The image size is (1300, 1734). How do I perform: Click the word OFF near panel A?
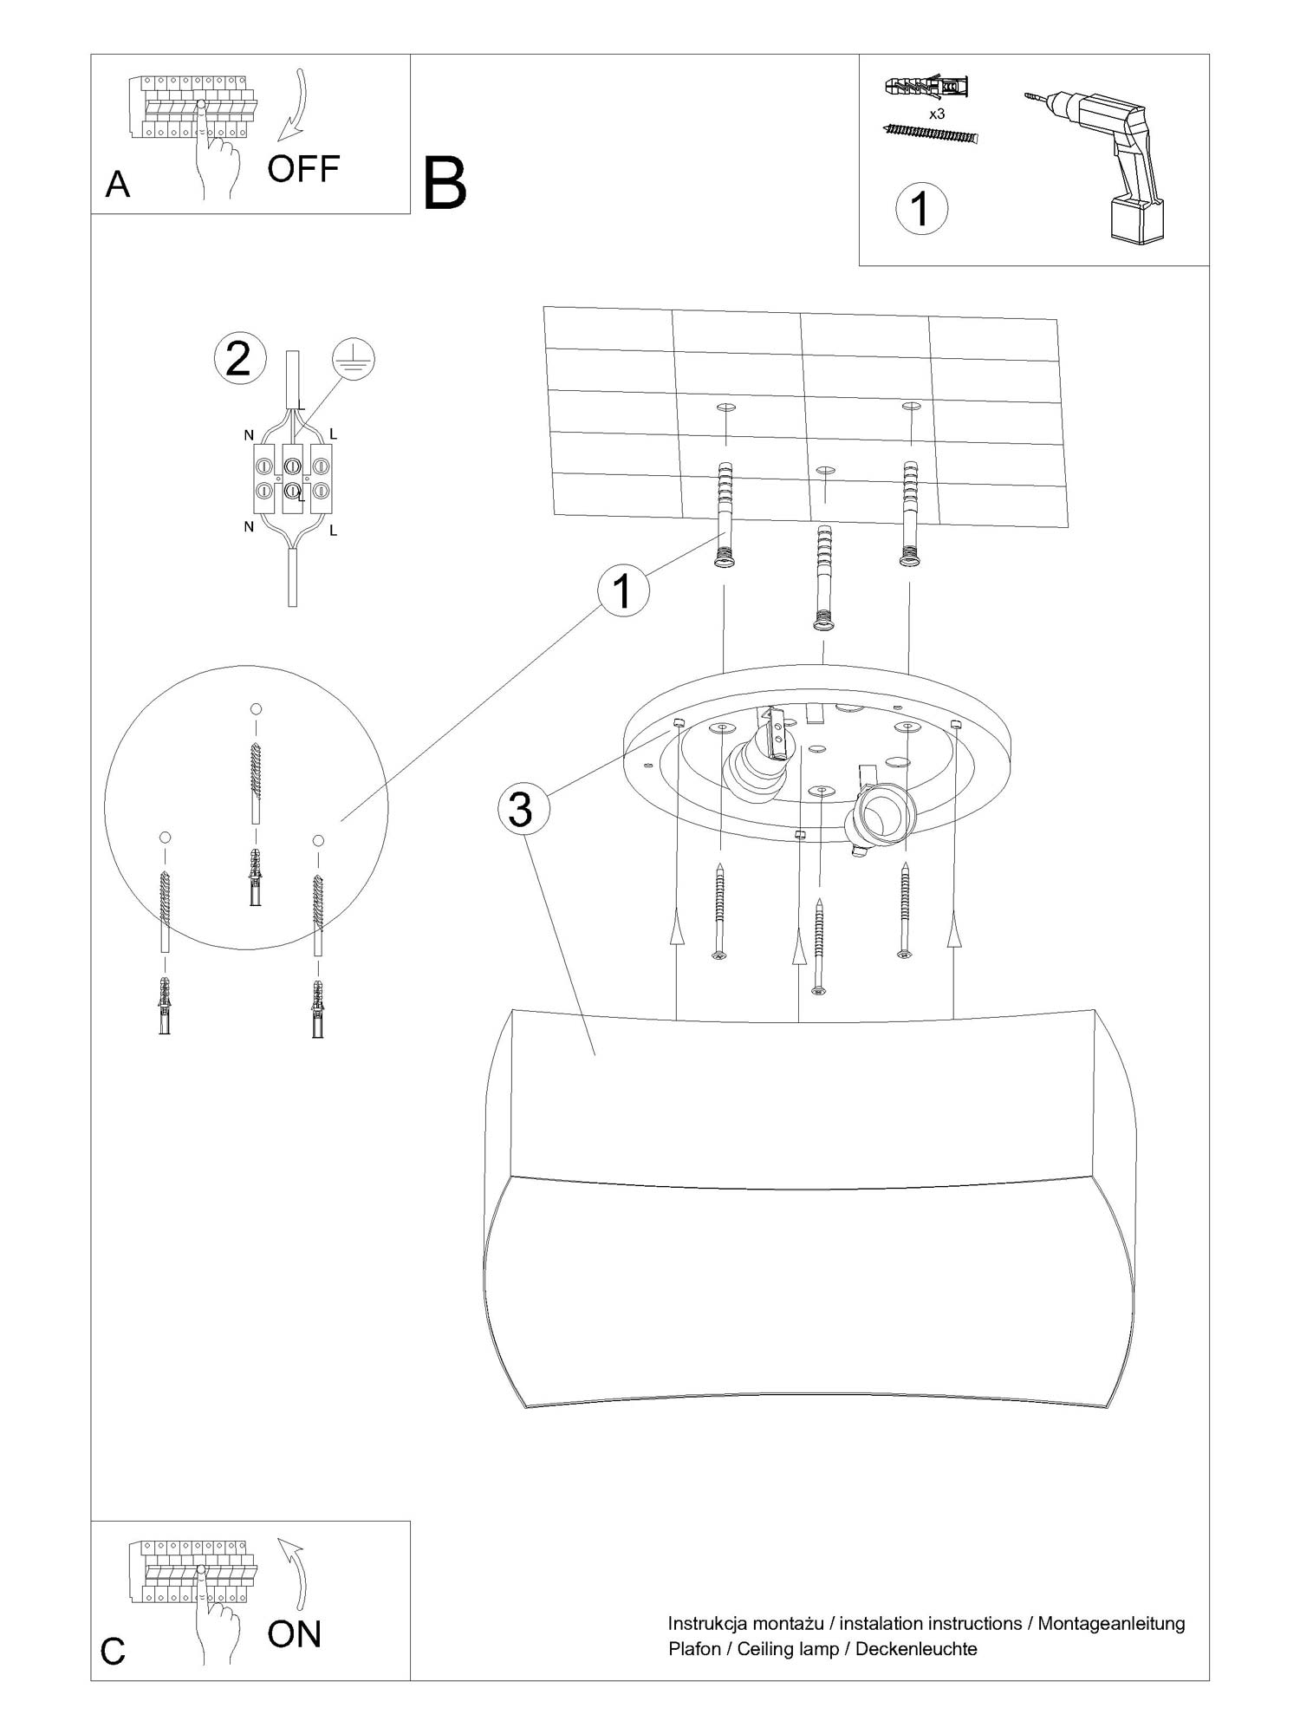(302, 168)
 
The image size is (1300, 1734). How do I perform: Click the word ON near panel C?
(295, 1633)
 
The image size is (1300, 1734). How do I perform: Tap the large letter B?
(445, 183)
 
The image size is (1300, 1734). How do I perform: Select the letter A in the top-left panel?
(118, 185)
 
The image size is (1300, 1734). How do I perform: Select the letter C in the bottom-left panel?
(114, 1652)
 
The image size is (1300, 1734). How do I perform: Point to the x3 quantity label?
(936, 114)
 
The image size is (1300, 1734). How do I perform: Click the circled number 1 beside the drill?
(920, 209)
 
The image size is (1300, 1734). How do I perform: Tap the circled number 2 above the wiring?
(238, 360)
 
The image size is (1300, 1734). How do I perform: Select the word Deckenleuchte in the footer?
(917, 1650)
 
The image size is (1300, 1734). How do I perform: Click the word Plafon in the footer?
(695, 1650)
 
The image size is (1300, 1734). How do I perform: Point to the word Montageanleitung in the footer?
(1112, 1625)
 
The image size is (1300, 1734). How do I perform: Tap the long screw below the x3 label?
(930, 133)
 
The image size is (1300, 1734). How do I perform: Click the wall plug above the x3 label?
(926, 87)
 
